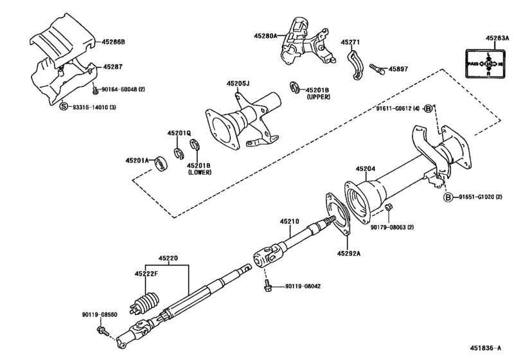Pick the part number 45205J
coord(238,83)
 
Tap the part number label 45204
coord(366,170)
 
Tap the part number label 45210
coord(289,221)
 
